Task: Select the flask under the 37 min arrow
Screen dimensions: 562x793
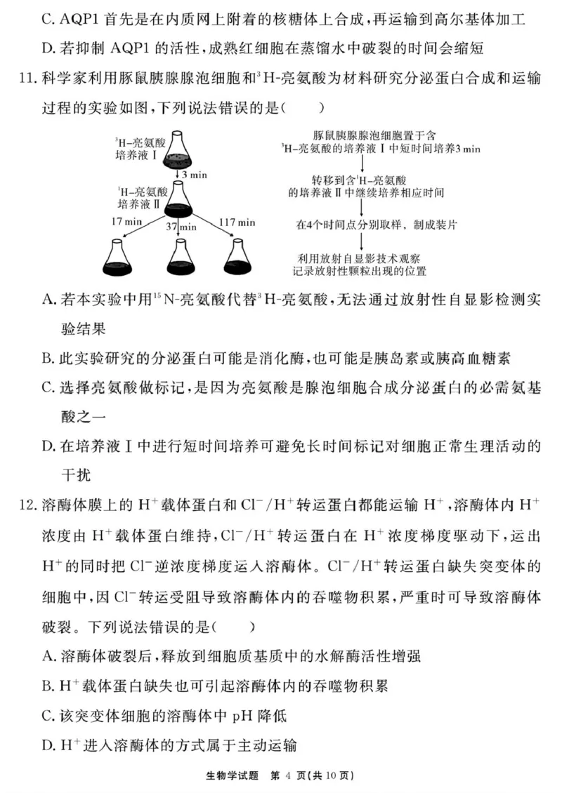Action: (180, 258)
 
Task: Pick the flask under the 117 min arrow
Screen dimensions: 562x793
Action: (235, 258)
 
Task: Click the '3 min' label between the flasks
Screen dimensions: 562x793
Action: (194, 174)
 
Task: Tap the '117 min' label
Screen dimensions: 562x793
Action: (235, 222)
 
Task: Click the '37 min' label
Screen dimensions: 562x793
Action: (181, 227)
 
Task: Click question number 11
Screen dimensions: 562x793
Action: (29, 79)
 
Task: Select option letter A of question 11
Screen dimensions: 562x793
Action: (48, 300)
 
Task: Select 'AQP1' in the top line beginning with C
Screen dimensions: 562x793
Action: (83, 18)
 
